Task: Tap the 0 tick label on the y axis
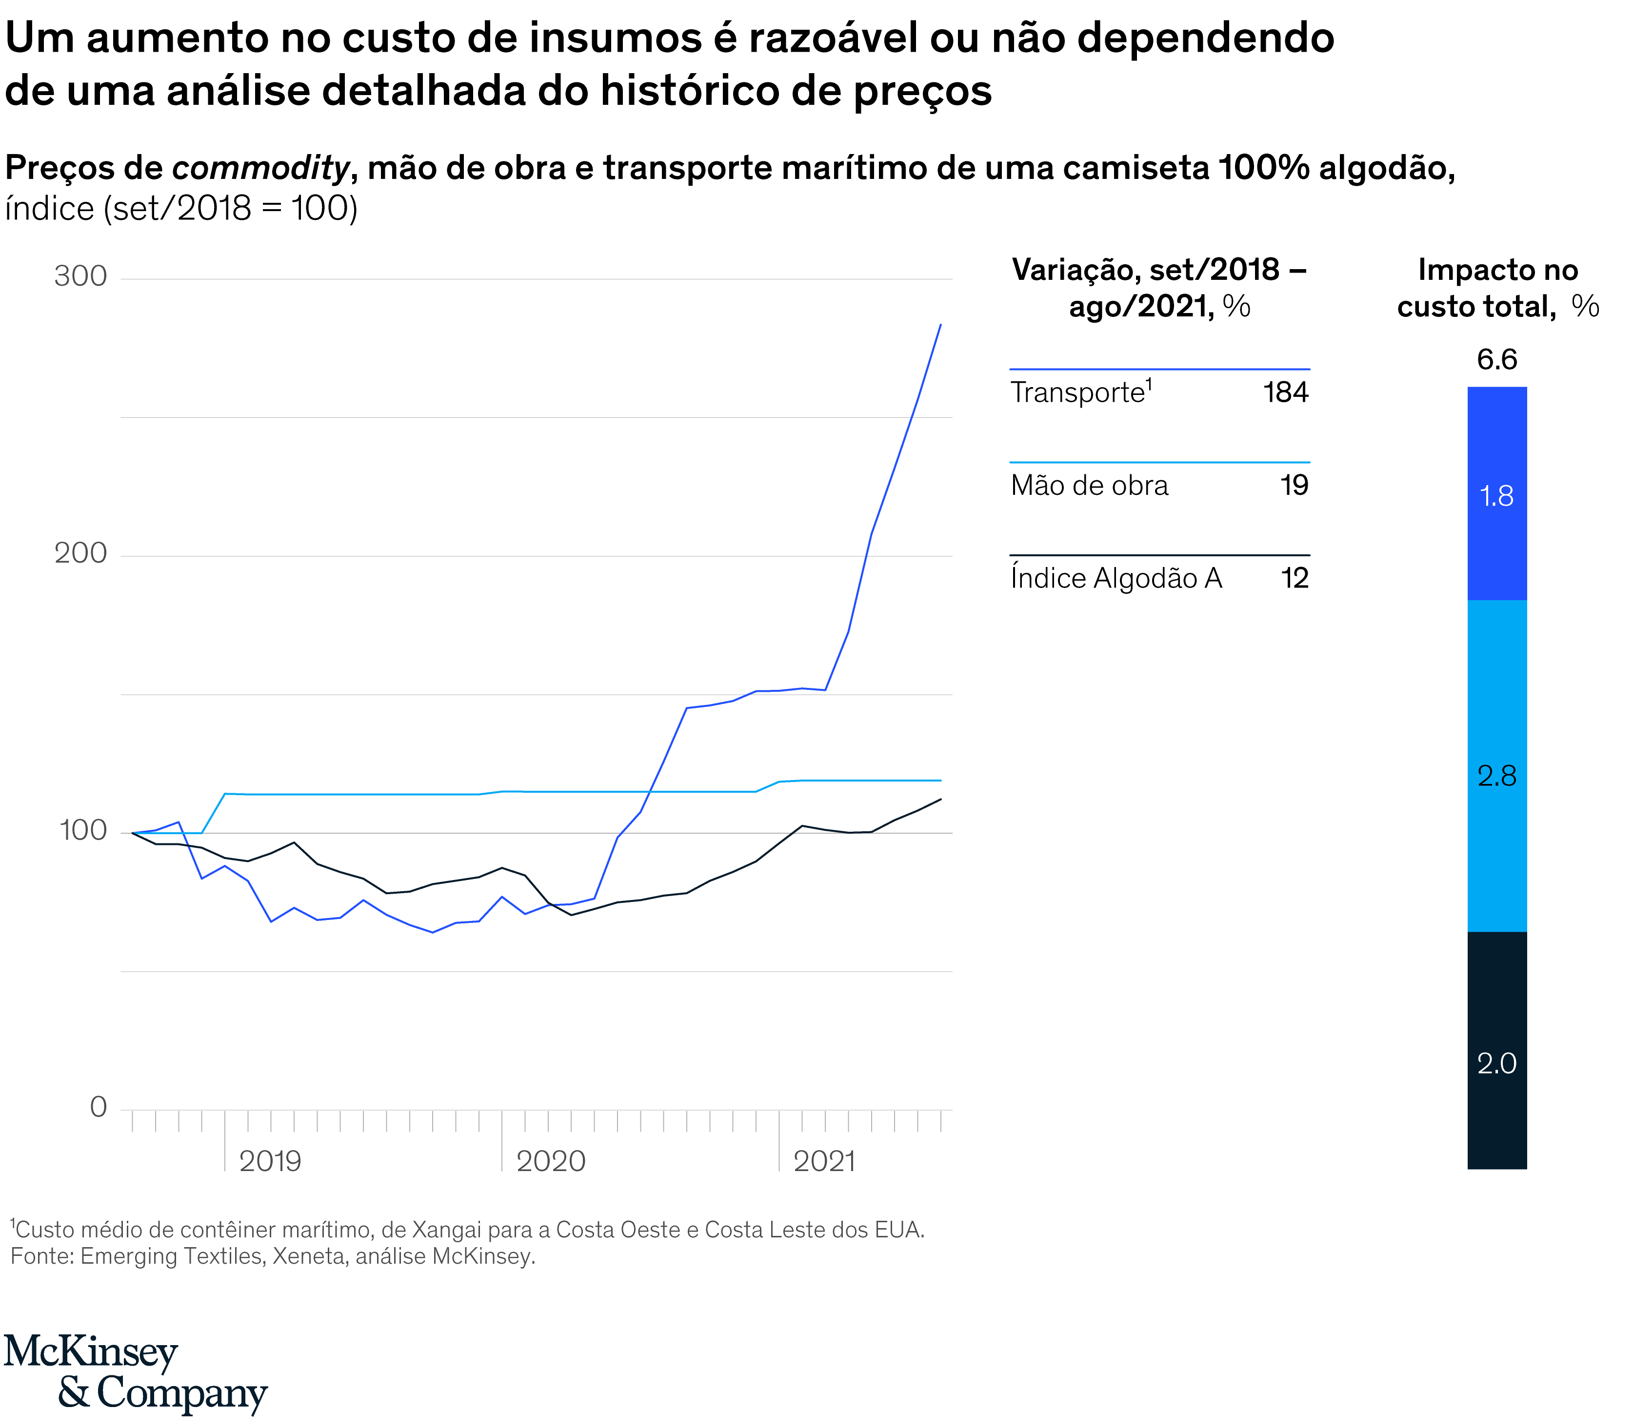click(98, 1107)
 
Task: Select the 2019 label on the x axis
click(270, 1161)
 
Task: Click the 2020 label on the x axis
click(551, 1161)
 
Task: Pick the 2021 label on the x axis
click(824, 1161)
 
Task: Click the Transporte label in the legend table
click(1077, 393)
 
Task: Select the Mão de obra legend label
click(1089, 485)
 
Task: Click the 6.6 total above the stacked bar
click(1497, 359)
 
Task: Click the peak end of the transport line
click(940, 324)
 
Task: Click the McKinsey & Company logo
click(136, 1372)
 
